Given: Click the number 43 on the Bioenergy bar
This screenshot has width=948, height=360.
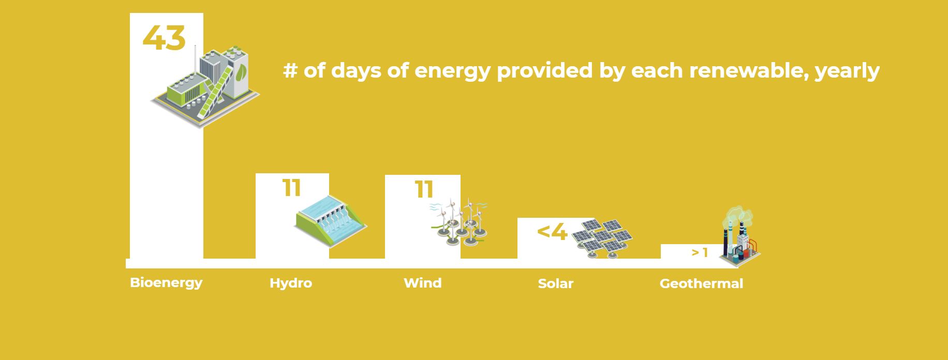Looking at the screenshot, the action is [x=164, y=38].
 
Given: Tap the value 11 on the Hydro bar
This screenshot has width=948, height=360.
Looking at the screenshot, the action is [x=292, y=188].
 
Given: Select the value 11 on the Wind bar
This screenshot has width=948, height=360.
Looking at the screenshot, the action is [x=424, y=189].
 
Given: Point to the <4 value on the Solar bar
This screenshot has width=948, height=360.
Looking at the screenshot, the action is [x=552, y=232].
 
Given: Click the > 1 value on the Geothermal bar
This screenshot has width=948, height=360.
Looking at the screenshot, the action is [x=700, y=252].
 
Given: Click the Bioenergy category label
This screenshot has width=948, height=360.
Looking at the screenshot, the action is [x=166, y=283].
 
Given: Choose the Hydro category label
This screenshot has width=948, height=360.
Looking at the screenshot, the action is [x=291, y=283].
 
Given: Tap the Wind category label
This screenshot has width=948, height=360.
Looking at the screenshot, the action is [x=423, y=283].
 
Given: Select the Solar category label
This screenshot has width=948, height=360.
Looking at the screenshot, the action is [x=556, y=283].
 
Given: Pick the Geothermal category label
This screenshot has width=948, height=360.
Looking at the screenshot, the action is [x=701, y=283].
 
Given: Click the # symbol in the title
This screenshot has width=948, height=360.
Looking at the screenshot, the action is [x=290, y=70].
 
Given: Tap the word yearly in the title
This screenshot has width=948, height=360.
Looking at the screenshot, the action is [x=847, y=71].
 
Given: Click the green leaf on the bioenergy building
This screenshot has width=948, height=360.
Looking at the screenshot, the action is [x=241, y=73].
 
